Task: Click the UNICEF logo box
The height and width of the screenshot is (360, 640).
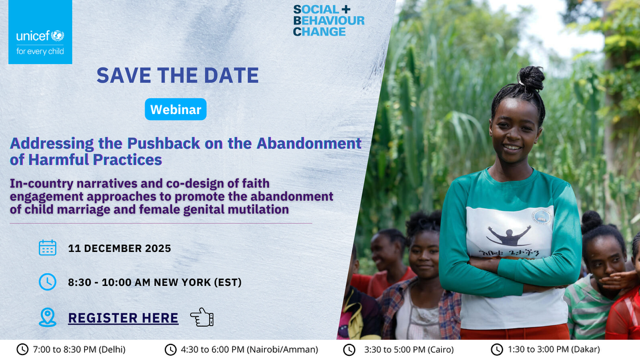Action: tap(40, 33)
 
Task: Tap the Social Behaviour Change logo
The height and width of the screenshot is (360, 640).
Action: tap(328, 20)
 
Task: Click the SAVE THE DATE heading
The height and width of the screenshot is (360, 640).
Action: tap(177, 76)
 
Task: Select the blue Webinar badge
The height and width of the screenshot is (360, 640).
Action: tap(176, 109)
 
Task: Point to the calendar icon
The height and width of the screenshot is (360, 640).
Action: tap(47, 248)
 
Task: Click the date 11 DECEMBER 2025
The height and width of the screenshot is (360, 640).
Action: tap(119, 248)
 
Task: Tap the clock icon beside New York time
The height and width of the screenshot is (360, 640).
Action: tap(47, 282)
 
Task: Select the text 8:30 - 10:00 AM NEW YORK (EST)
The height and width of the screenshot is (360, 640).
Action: tap(154, 282)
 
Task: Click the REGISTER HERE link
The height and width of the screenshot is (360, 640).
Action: tap(123, 318)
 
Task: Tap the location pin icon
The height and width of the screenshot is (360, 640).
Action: tap(47, 318)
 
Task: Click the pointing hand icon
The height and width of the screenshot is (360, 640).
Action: tap(201, 318)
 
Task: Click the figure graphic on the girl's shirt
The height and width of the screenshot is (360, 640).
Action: tap(510, 236)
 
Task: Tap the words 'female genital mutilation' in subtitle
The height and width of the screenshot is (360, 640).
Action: tap(215, 210)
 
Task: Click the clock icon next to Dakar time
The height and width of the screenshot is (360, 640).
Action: tap(497, 349)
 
